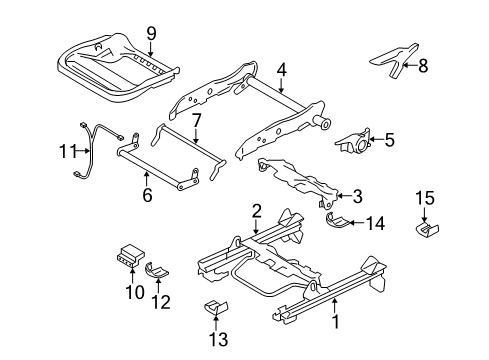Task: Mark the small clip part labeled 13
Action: [x=214, y=307]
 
